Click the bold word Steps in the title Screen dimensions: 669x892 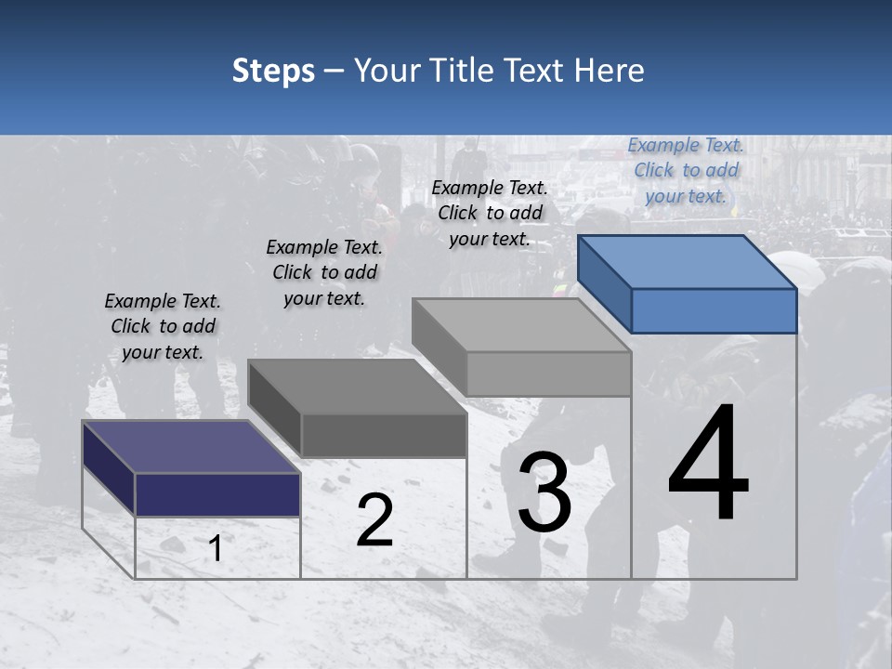[x=273, y=71]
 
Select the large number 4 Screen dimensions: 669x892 [x=708, y=465]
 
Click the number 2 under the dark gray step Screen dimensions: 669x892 [x=374, y=520]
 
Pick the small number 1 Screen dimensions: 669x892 [x=216, y=549]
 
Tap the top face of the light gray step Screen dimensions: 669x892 [x=521, y=325]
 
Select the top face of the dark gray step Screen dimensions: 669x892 [x=357, y=387]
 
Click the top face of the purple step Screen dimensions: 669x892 [x=191, y=447]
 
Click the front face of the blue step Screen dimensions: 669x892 [x=714, y=310]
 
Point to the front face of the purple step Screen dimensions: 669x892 [x=217, y=493]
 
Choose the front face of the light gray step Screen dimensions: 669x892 [x=548, y=374]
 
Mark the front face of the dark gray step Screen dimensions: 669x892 [x=383, y=435]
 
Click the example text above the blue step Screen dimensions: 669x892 [x=686, y=171]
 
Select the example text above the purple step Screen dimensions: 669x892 [x=163, y=326]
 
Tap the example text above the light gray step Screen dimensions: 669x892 [x=490, y=213]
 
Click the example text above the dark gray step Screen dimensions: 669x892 [x=324, y=272]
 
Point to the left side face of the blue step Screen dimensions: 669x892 [x=604, y=283]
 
